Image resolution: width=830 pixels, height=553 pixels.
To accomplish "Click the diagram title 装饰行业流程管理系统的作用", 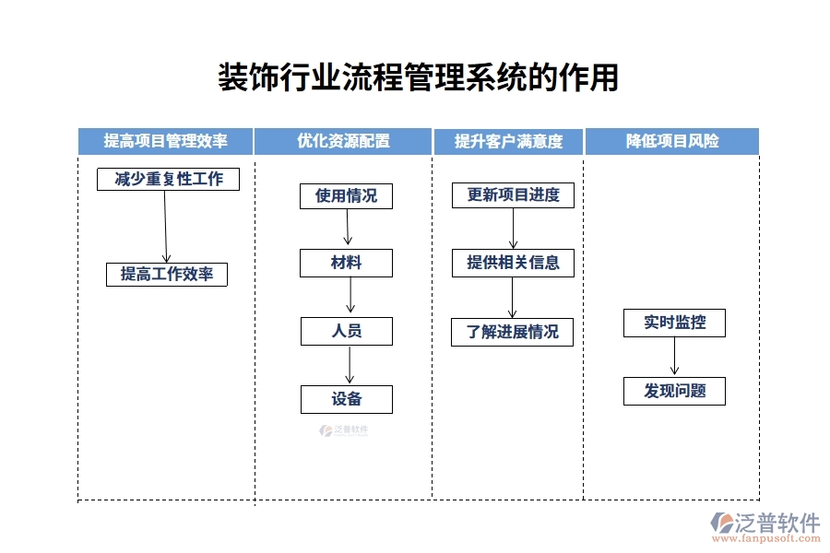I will point(417,77).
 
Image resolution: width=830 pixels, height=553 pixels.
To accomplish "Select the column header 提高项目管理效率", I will point(166,141).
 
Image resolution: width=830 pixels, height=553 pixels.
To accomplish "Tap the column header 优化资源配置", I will point(343,141).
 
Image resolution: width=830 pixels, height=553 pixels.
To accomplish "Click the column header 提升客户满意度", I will point(508,141).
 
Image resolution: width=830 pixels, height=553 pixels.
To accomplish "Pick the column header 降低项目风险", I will point(672,141).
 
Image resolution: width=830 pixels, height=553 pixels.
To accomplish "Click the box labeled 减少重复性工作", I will point(168,179).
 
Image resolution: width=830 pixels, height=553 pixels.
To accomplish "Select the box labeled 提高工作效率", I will point(167,274).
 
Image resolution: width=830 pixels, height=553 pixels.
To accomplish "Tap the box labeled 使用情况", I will point(346,195).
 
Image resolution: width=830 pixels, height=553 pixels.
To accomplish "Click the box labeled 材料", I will point(346,263).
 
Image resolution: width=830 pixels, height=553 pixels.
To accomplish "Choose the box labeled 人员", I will point(346,331).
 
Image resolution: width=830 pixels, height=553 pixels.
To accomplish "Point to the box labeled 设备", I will point(346,399).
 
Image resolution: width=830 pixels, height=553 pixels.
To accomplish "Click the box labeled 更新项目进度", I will point(513,195).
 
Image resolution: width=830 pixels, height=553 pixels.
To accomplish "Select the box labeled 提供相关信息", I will point(513,263).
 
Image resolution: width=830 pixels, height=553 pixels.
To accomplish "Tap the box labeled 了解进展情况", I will point(512,332).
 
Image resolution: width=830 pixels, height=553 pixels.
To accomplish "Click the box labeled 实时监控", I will point(674,323).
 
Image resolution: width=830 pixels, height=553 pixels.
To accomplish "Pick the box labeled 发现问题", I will point(674,391).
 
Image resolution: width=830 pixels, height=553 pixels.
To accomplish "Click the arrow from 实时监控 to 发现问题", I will point(674,357).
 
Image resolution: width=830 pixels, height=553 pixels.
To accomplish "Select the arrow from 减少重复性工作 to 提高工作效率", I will point(166,227).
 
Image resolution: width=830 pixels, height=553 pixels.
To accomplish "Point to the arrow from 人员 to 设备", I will point(350,365).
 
